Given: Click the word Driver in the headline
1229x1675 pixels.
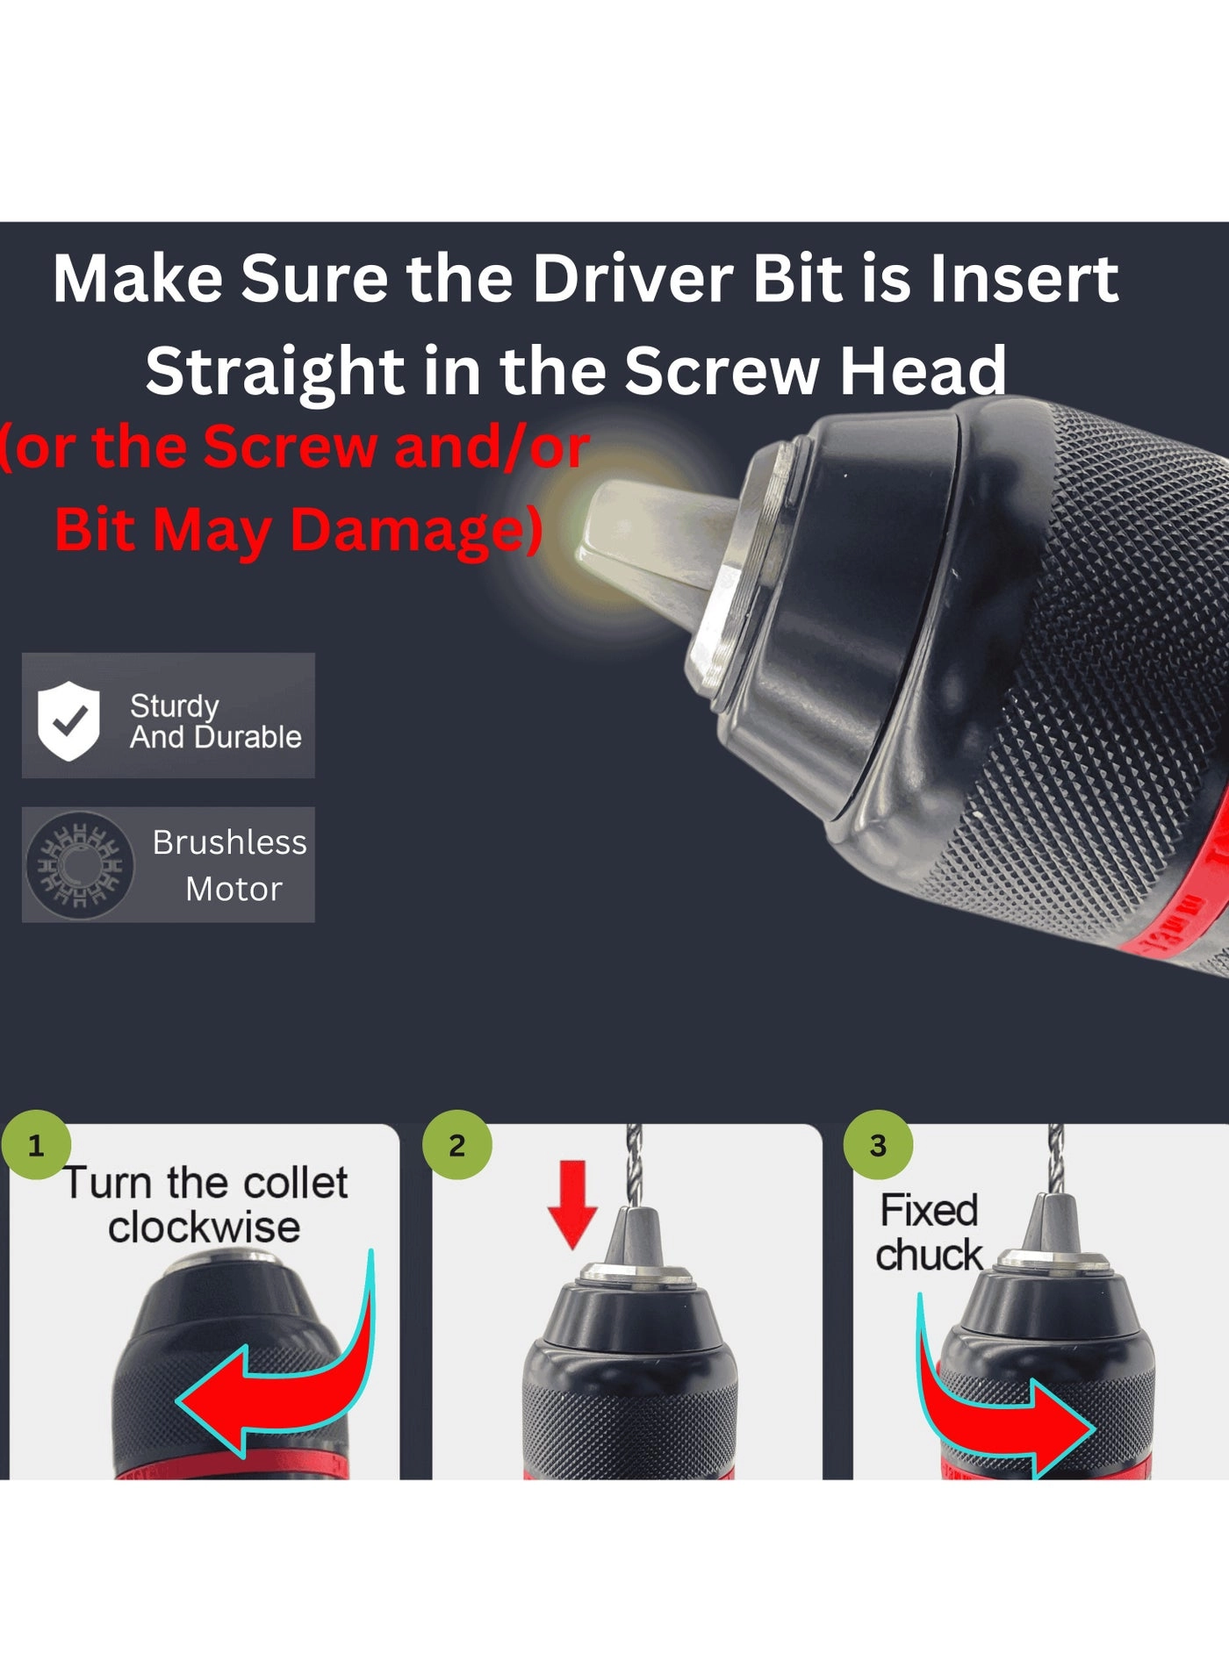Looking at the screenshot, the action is coord(633,279).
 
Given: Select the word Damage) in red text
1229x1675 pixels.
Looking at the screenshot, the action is coord(416,532).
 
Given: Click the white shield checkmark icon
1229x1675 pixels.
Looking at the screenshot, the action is coord(68,720).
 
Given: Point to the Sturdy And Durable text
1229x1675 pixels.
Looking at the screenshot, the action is coord(216,721).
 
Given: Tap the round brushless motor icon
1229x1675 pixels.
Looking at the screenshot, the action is coord(80,865).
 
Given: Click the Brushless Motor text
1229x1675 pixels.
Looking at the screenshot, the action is coord(230,865).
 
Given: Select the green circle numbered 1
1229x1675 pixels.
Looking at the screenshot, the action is coord(36,1145).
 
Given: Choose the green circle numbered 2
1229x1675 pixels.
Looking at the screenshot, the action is coord(456,1145).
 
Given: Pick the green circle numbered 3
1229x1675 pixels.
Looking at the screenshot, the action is coord(878,1145).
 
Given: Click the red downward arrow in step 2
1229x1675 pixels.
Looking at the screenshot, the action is coord(572,1204).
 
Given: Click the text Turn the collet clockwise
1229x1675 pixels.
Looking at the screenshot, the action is coord(205,1205).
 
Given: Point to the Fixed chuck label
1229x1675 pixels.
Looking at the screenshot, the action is coord(930,1233).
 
